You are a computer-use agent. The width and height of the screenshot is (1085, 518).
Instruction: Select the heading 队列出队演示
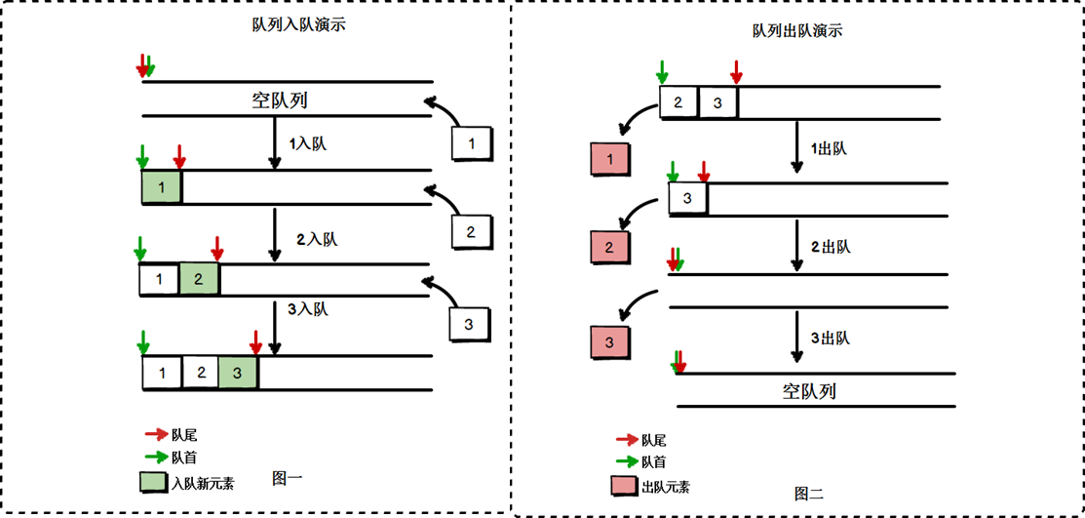[797, 30]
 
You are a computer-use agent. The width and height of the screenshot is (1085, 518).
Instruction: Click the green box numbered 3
[238, 372]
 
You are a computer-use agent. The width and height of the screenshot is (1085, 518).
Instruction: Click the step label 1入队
[310, 143]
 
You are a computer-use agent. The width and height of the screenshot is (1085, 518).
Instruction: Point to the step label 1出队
[829, 149]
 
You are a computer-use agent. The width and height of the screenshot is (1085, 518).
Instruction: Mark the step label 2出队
[831, 246]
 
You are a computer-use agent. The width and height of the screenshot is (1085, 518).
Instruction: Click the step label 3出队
[831, 339]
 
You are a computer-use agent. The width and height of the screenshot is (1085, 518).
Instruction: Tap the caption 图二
[808, 494]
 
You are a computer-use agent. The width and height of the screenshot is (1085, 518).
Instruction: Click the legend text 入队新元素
[202, 482]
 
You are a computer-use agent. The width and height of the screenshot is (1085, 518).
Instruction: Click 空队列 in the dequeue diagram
[809, 391]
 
